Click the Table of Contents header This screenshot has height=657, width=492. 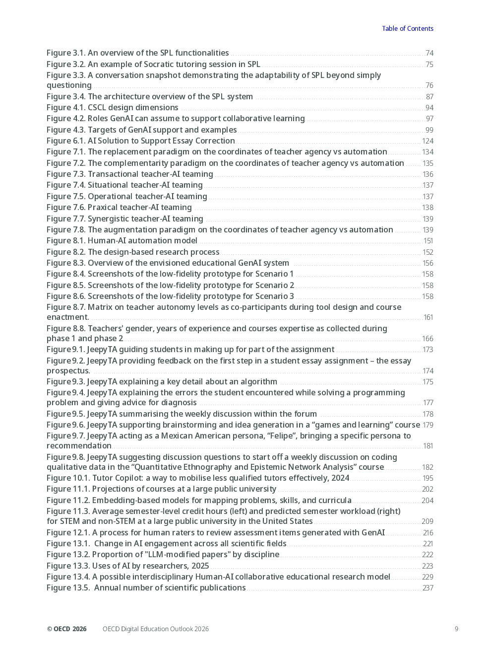pos(407,28)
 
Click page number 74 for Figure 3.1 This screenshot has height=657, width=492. pos(429,53)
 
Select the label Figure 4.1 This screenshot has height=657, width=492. pos(66,107)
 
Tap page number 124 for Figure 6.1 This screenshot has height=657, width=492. pos(428,141)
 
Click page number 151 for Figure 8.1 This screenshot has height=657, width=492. pos(428,241)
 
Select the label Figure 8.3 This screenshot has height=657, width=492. pos(66,263)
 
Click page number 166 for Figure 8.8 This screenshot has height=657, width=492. pos(428,339)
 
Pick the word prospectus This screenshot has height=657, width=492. pos(68,370)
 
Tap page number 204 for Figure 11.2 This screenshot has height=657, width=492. pos(428,501)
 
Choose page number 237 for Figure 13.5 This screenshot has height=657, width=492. pos(428,588)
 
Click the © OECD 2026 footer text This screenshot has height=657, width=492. pos(66,629)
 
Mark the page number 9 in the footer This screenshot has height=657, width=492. pos(456,629)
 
